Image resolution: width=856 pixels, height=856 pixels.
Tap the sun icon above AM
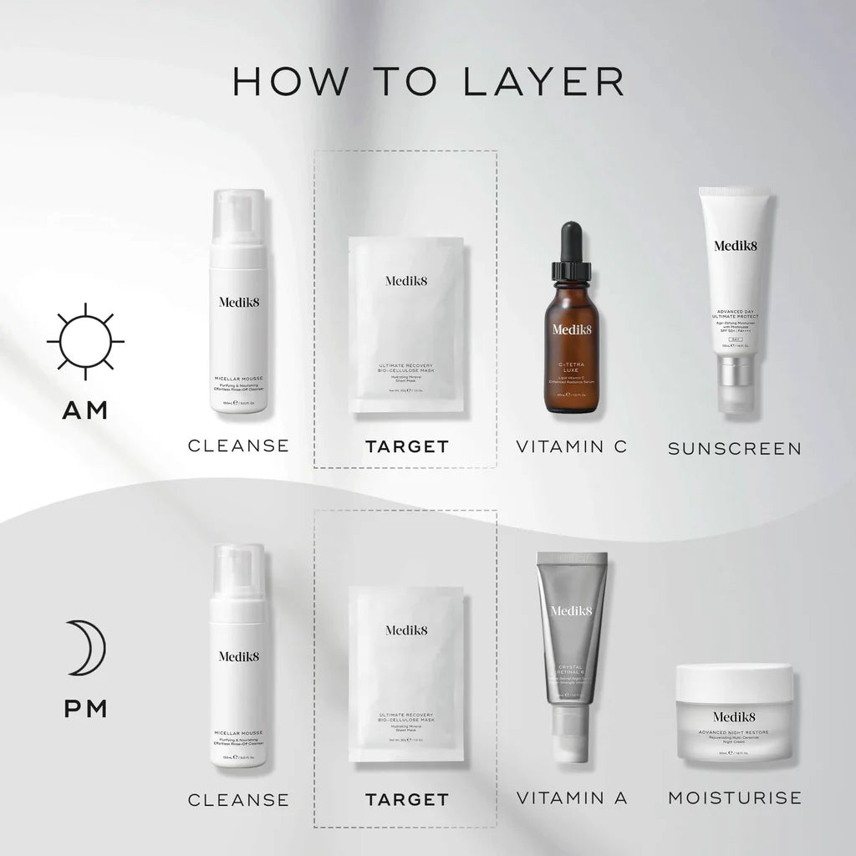[85, 342]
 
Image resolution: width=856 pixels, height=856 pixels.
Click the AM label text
[85, 410]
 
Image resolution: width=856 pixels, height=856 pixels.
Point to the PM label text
[85, 709]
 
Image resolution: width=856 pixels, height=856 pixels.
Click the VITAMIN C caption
[572, 446]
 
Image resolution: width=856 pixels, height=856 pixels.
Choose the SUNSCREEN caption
[735, 449]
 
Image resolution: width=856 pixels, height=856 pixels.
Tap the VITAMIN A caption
[572, 798]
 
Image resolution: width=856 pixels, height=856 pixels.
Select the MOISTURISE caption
[735, 798]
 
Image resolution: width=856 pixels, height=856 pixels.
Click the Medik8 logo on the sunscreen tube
[736, 245]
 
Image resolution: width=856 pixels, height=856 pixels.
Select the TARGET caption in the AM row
[406, 446]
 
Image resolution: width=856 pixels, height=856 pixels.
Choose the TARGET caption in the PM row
[406, 800]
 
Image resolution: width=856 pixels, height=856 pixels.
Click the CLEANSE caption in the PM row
[238, 800]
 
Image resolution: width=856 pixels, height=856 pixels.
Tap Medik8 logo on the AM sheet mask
[406, 281]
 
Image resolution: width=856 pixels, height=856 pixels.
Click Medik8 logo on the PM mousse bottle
[238, 656]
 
